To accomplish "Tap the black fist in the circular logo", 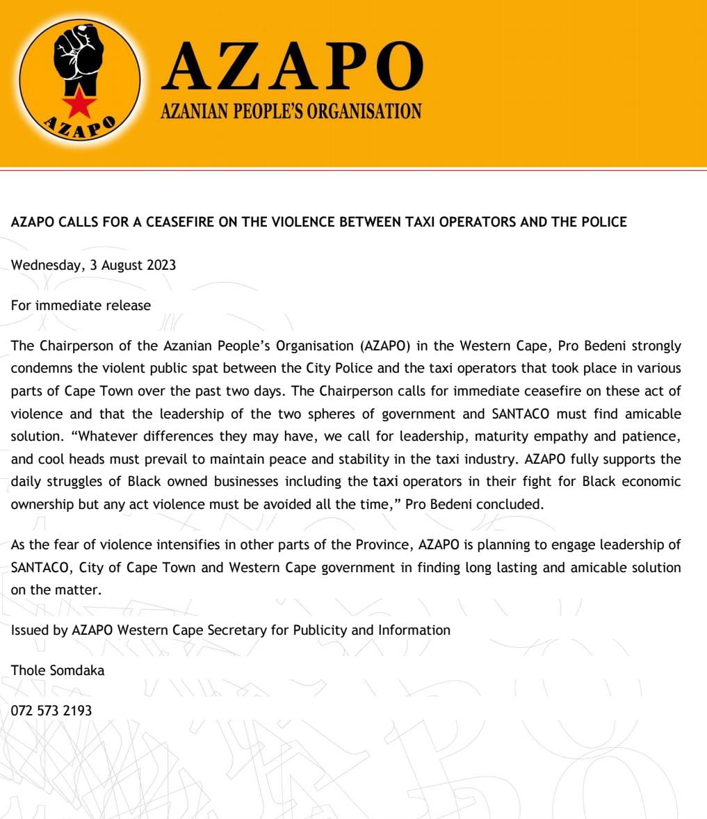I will point(79,55).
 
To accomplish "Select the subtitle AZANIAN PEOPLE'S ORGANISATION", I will point(291,111).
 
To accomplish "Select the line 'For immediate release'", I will point(81,305).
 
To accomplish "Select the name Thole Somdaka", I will point(58,670).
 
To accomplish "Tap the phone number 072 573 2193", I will point(51,711).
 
